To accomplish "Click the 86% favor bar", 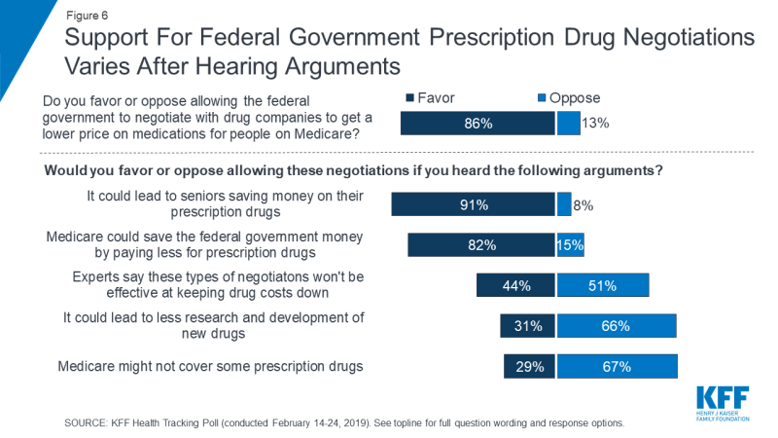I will (476, 123).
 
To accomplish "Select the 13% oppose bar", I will (569, 123).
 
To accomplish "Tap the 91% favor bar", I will (474, 204).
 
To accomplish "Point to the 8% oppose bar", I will (564, 204).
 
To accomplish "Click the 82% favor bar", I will (481, 245).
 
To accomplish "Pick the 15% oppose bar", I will (570, 245).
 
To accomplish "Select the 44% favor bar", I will (515, 285).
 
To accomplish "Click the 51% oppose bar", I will (603, 285).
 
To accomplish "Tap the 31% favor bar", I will (528, 326).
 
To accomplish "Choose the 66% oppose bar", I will (616, 326).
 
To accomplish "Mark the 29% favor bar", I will (529, 367).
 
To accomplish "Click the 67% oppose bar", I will (618, 367).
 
